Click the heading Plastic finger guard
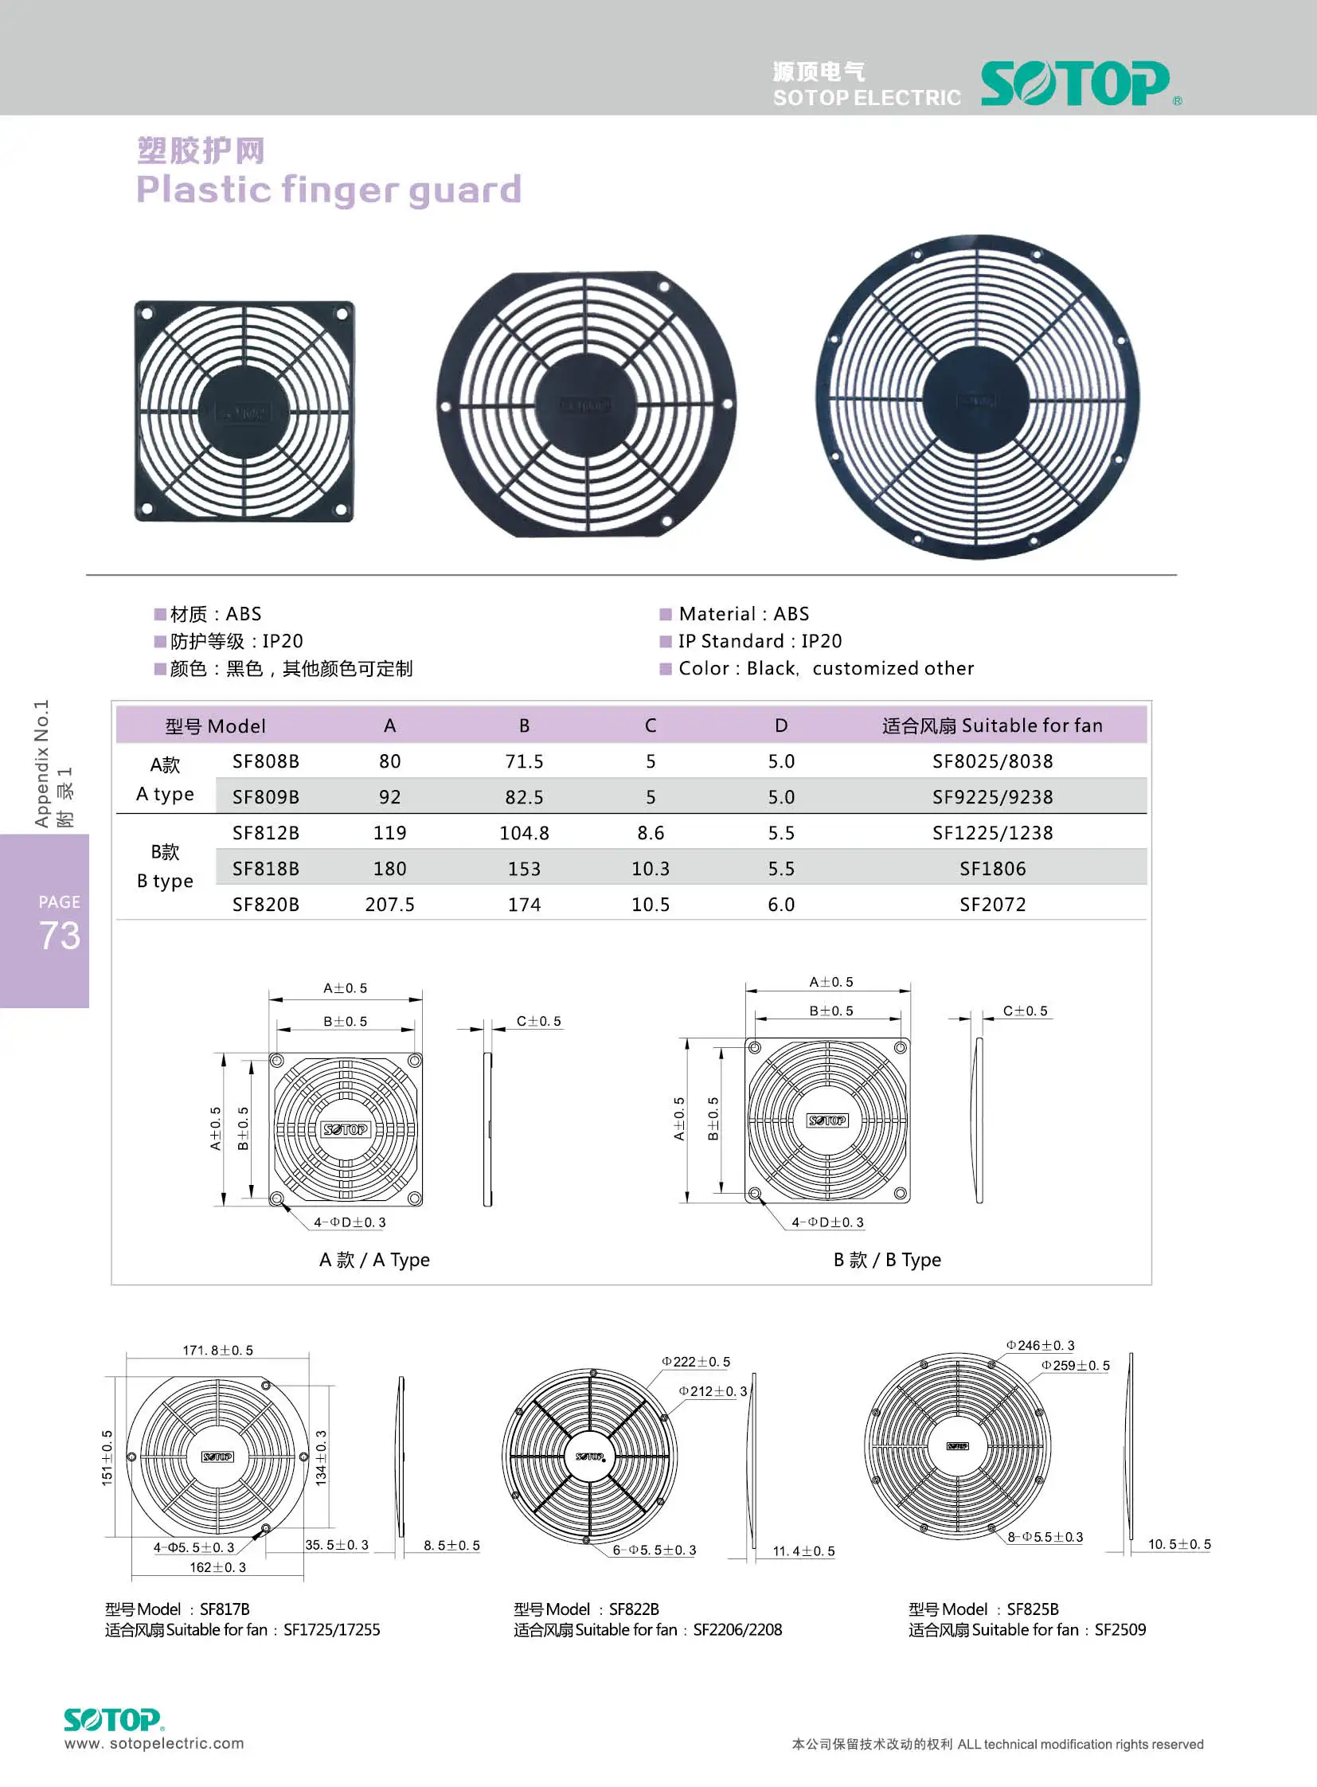point(328,190)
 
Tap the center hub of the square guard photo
point(244,412)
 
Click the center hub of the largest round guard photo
point(976,399)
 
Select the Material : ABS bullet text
point(743,614)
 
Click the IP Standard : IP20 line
point(759,641)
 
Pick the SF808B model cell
point(265,761)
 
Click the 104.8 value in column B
point(524,833)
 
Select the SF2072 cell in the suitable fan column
point(992,905)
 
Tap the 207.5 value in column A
point(389,905)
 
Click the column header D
point(780,725)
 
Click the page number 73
point(60,936)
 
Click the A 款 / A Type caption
point(374,1260)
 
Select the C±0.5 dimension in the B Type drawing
point(1025,1011)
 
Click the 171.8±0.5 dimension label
point(217,1350)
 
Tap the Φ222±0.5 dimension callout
point(695,1362)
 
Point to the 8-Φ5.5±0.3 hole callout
point(1045,1537)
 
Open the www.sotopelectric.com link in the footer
point(154,1743)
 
